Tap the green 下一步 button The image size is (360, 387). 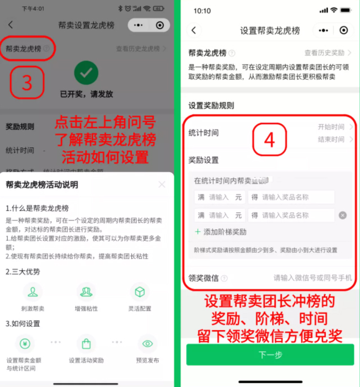coord(270,355)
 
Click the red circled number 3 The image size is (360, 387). coord(26,83)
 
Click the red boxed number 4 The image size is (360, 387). coord(269,139)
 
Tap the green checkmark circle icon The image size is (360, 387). coord(86,73)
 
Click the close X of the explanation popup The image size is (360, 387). coord(162,184)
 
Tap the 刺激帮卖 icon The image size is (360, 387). coord(33,292)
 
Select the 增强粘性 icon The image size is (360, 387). coord(86,292)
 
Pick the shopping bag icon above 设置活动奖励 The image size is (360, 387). coord(86,344)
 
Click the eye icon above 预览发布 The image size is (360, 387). coord(147,344)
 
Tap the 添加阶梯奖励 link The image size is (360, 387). coord(220,232)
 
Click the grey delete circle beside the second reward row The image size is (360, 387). coord(343,215)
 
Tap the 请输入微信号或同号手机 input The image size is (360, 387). coord(313,278)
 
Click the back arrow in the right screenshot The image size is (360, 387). coord(194,30)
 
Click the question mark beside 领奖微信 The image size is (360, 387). coord(224,278)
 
